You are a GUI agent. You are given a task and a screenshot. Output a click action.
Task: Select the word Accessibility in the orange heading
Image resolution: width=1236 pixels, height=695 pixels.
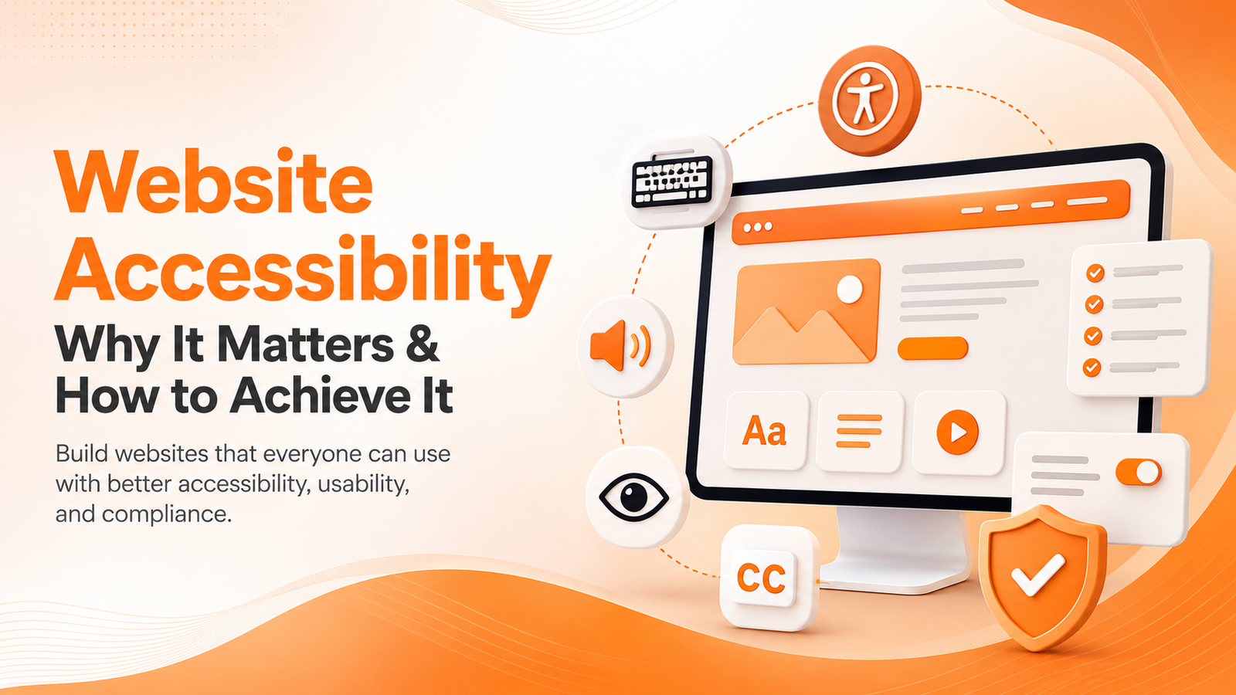coord(303,274)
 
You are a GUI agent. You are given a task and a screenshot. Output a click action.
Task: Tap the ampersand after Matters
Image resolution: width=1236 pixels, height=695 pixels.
coord(422,344)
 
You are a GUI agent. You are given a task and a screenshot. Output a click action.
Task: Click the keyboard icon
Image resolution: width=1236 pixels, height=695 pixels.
coord(671,181)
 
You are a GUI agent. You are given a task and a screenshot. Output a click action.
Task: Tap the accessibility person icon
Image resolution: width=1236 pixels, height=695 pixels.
coord(870,100)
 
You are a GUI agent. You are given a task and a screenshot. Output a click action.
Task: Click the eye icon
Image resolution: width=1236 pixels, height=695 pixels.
coord(634,497)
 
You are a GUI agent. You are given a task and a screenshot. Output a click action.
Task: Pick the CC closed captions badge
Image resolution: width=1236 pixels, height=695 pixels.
coord(762,578)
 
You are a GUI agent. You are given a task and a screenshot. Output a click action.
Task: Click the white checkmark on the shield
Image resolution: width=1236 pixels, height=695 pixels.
coord(1038,575)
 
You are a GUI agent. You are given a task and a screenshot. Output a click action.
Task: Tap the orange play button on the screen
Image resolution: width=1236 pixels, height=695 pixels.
coord(957,432)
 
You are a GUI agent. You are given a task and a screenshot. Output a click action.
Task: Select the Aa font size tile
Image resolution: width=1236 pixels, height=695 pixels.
coord(765,430)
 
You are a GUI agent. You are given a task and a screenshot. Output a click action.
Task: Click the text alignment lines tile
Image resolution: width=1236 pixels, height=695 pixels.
coord(859,431)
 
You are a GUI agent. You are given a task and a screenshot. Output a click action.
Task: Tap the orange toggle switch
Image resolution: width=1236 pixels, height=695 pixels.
coord(1139,472)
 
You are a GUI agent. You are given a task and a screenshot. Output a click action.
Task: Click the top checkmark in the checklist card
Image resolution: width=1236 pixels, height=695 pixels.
coord(1095,273)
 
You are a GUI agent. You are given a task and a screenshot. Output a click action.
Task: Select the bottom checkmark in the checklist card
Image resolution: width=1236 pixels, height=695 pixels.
coord(1092,368)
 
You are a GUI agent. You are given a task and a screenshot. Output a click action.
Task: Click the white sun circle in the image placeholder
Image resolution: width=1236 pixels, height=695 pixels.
coord(850,289)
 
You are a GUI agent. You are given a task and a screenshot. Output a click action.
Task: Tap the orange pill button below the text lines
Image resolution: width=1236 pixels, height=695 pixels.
coord(932,348)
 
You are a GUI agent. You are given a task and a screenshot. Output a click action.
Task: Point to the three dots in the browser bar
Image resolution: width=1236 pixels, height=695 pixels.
coord(757,227)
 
